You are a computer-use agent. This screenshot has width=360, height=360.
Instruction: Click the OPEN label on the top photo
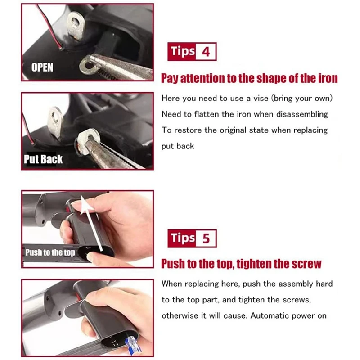tap(42, 67)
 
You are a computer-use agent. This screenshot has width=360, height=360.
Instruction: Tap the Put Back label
tap(43, 159)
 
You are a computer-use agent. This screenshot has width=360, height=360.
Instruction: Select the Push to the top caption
tap(50, 252)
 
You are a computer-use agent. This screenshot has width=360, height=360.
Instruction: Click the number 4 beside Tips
tap(206, 52)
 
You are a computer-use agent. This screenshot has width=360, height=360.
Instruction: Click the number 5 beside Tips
tap(206, 238)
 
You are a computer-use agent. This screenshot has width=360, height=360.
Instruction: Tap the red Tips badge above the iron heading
tap(182, 52)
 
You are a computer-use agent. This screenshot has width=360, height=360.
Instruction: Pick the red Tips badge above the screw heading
tap(182, 238)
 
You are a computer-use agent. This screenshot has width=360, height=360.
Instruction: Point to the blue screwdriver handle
tap(117, 346)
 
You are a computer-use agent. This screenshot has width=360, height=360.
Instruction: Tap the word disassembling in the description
tap(302, 114)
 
